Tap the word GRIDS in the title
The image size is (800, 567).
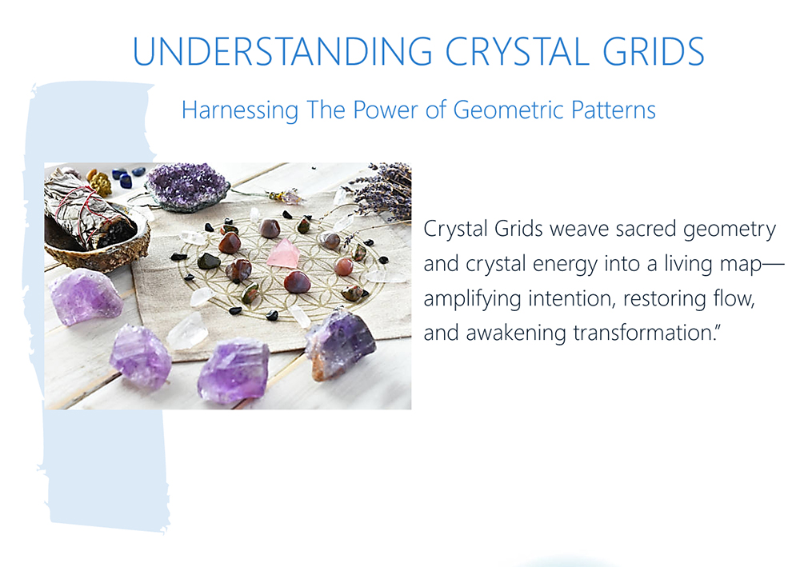(x=654, y=51)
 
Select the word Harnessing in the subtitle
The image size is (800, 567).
(x=240, y=110)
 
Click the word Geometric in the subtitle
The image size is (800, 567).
(x=508, y=110)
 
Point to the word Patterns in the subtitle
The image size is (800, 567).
(x=614, y=110)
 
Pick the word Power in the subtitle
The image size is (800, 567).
(x=386, y=110)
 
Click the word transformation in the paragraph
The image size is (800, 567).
(x=643, y=333)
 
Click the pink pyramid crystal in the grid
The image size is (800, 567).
(x=284, y=254)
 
